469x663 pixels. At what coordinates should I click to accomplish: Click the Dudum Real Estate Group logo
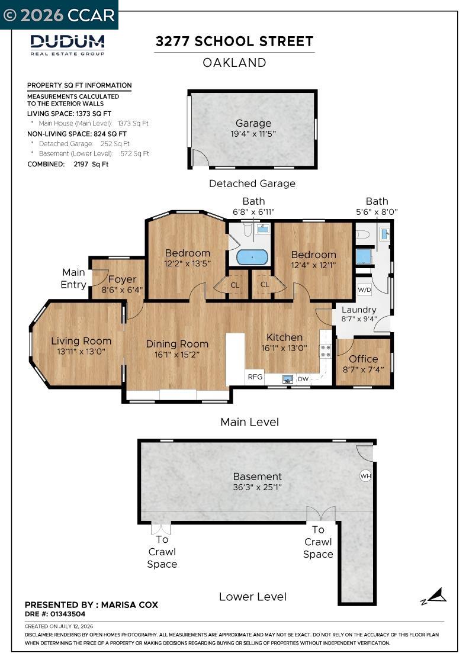click(x=68, y=45)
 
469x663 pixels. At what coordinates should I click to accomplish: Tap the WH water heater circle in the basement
click(x=365, y=476)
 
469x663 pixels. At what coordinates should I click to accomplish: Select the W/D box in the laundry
click(x=365, y=289)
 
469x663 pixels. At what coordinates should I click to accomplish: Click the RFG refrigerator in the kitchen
click(x=255, y=376)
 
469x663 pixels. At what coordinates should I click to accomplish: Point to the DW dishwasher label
click(x=303, y=379)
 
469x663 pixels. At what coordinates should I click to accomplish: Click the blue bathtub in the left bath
click(x=252, y=257)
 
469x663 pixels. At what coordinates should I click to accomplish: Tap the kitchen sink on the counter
click(x=288, y=379)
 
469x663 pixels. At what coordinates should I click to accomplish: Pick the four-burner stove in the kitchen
click(x=325, y=352)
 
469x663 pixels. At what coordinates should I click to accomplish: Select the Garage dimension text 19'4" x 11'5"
click(x=253, y=134)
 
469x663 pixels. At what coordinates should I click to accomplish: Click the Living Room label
click(x=81, y=341)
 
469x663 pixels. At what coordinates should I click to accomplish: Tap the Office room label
click(x=363, y=359)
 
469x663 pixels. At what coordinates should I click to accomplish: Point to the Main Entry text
click(x=73, y=279)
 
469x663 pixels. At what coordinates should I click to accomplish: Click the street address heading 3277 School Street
click(x=234, y=41)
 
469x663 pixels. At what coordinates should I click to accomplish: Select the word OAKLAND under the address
click(x=234, y=63)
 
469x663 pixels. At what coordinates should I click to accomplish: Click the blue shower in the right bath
click(x=363, y=256)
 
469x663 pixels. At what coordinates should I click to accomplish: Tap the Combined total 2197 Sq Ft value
click(x=91, y=164)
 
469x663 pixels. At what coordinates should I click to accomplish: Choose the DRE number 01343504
click(x=67, y=614)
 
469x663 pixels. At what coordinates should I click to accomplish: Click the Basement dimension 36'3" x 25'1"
click(x=257, y=487)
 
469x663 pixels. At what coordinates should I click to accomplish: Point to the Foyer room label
click(x=122, y=279)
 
